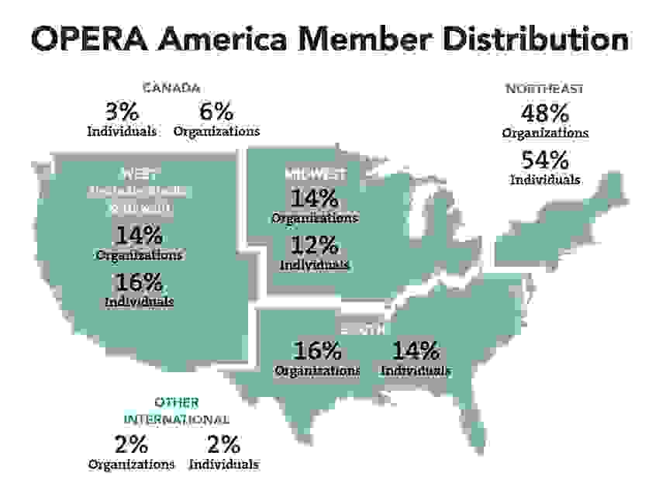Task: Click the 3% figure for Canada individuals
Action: point(122,111)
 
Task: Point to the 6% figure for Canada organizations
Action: point(216,111)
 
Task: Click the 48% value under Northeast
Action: point(544,113)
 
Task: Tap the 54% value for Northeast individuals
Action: point(544,160)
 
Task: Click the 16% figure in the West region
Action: point(140,281)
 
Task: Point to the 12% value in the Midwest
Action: point(315,246)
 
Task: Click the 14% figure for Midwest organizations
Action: point(315,198)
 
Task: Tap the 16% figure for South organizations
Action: point(317,350)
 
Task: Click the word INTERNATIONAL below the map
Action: point(177,419)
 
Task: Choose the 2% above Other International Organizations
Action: point(131,444)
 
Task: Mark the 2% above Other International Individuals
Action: point(223,444)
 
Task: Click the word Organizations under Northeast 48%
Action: point(544,133)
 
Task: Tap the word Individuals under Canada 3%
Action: point(122,130)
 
